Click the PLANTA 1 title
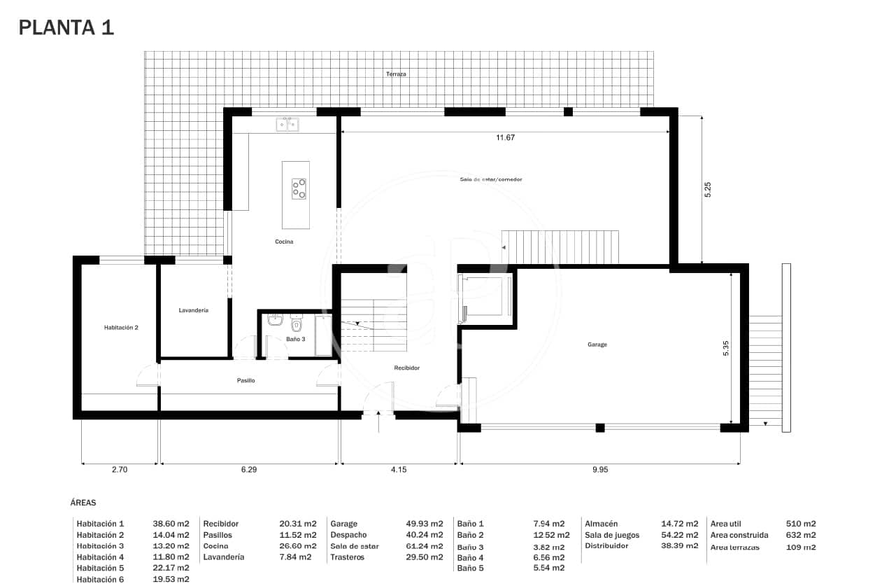coord(66,27)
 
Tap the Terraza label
coord(396,74)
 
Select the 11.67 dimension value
coord(505,138)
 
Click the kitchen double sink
coord(287,125)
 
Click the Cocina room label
coord(283,242)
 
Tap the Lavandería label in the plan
coord(193,310)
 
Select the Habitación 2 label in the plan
coord(120,327)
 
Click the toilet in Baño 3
coord(296,324)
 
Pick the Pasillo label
coord(245,380)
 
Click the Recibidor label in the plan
coord(406,368)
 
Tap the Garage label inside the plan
coord(597,345)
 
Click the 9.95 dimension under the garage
coord(599,470)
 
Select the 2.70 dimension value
coord(119,470)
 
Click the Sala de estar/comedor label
coord(490,179)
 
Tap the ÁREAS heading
coord(83,502)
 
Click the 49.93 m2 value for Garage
coord(424,524)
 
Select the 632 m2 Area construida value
coord(801,535)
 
